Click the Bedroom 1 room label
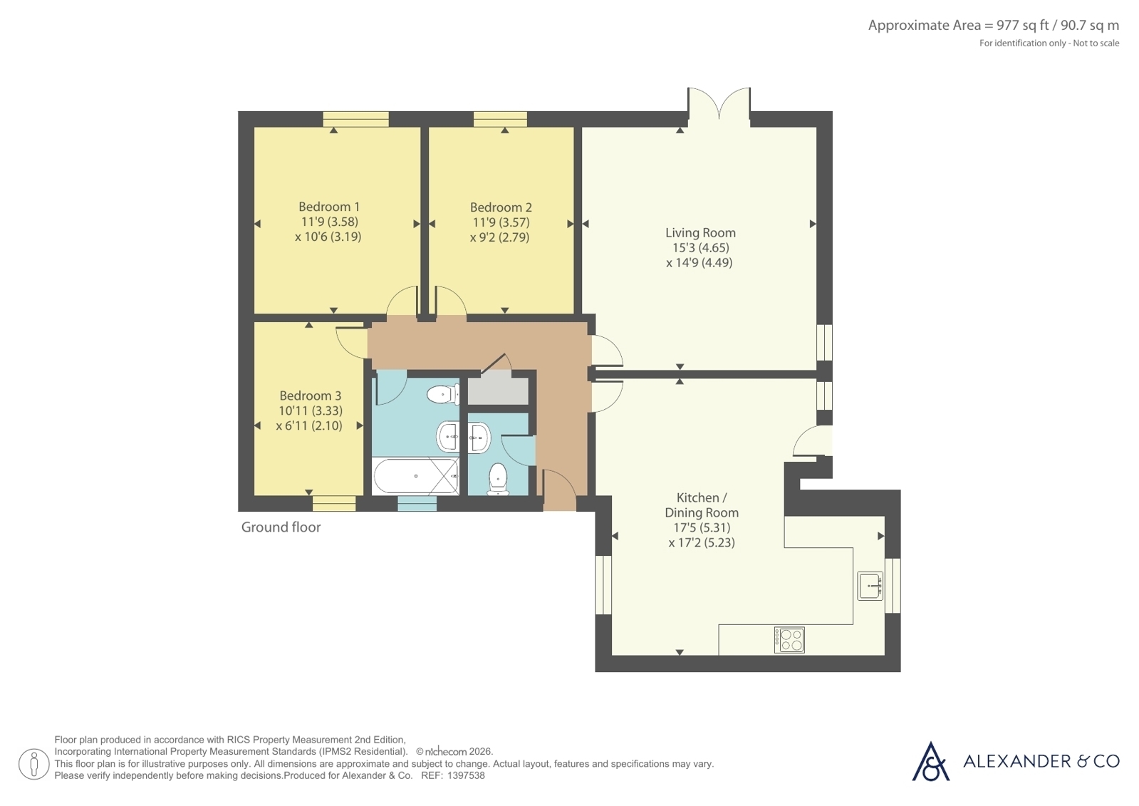tap(329, 207)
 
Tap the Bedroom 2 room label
tap(501, 207)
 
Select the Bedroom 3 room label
tap(310, 396)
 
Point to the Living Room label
tap(701, 233)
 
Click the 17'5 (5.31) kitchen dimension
tap(702, 527)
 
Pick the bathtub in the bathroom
tap(416, 476)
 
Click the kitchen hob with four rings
tap(789, 640)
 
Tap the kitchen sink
tap(870, 587)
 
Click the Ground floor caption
tap(281, 527)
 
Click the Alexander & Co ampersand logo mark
tap(930, 761)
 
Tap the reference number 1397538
tap(466, 775)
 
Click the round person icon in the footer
tap(34, 764)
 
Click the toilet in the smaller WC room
tap(498, 479)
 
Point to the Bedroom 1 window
tap(356, 119)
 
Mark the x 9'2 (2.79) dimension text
tap(500, 237)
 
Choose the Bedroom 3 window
tap(334, 503)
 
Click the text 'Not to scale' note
tap(1096, 43)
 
